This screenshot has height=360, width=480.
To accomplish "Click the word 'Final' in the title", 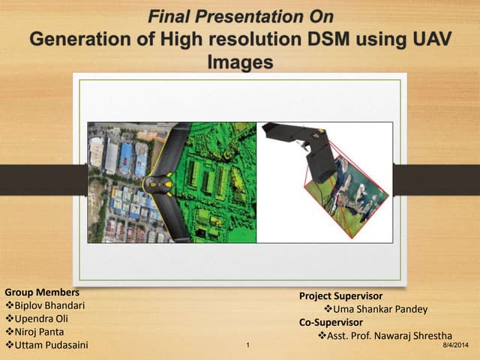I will click(x=169, y=16).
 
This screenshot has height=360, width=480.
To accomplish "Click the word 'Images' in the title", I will click(x=239, y=63).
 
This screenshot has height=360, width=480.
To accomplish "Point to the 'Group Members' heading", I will click(x=42, y=292).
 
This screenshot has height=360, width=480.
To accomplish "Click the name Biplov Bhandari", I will click(x=49, y=305).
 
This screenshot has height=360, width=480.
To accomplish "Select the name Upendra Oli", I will click(x=42, y=318).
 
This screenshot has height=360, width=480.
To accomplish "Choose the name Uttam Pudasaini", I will click(x=51, y=345).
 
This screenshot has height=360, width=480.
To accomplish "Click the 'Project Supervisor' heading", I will click(x=340, y=296).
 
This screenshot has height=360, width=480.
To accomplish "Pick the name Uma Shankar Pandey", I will click(x=374, y=310).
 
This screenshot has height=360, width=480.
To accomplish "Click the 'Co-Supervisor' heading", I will click(x=331, y=323).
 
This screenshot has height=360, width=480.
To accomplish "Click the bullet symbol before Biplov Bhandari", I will click(x=10, y=305).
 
